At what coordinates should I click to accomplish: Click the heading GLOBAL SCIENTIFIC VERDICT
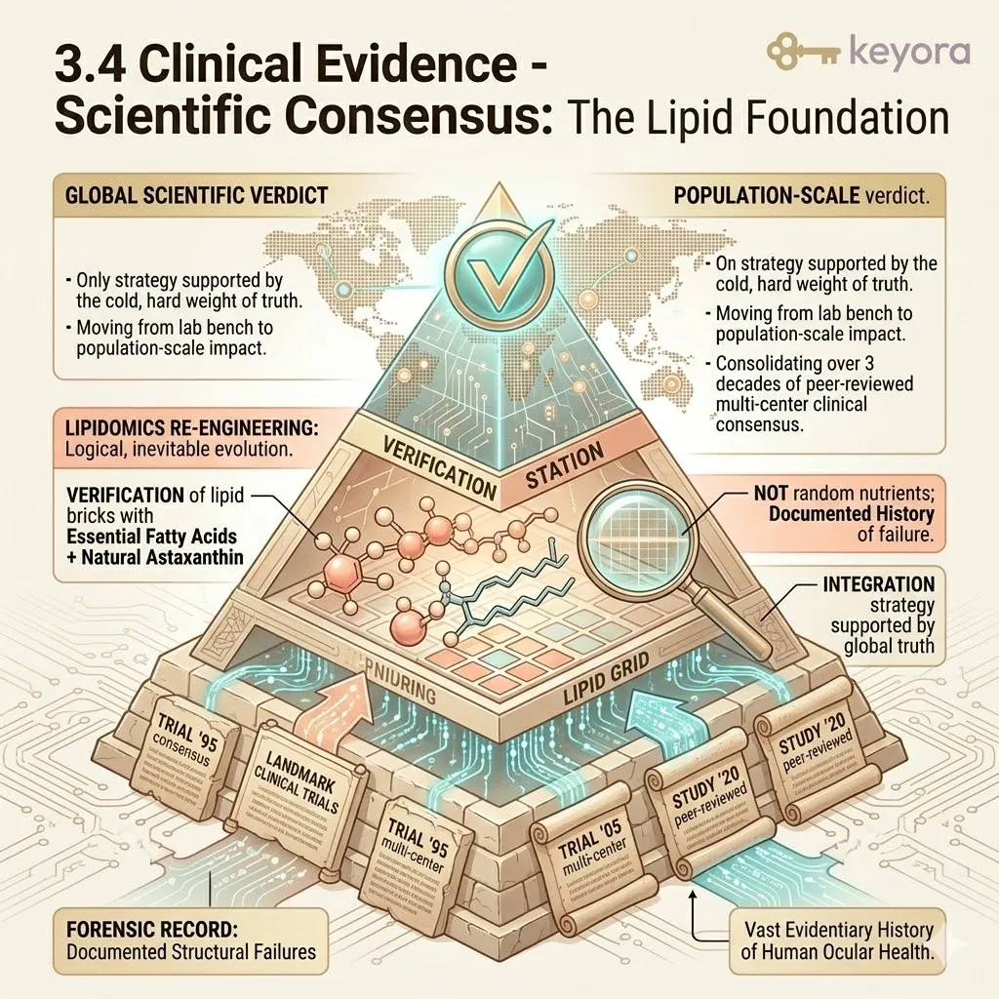[x=195, y=194]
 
